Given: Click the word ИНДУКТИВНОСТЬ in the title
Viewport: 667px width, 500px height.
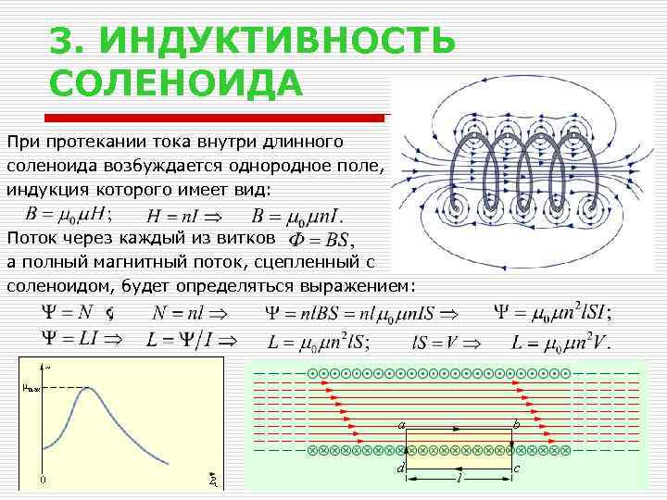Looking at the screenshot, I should point(277,40).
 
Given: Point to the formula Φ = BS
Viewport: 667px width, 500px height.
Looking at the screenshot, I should point(319,240).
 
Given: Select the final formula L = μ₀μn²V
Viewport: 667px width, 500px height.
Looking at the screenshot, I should point(560,343).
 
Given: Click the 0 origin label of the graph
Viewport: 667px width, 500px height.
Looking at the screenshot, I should point(42,480).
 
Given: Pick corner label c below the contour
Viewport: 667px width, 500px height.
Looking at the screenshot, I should point(517,469).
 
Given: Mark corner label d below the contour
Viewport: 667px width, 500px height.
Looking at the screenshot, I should point(399,469).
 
